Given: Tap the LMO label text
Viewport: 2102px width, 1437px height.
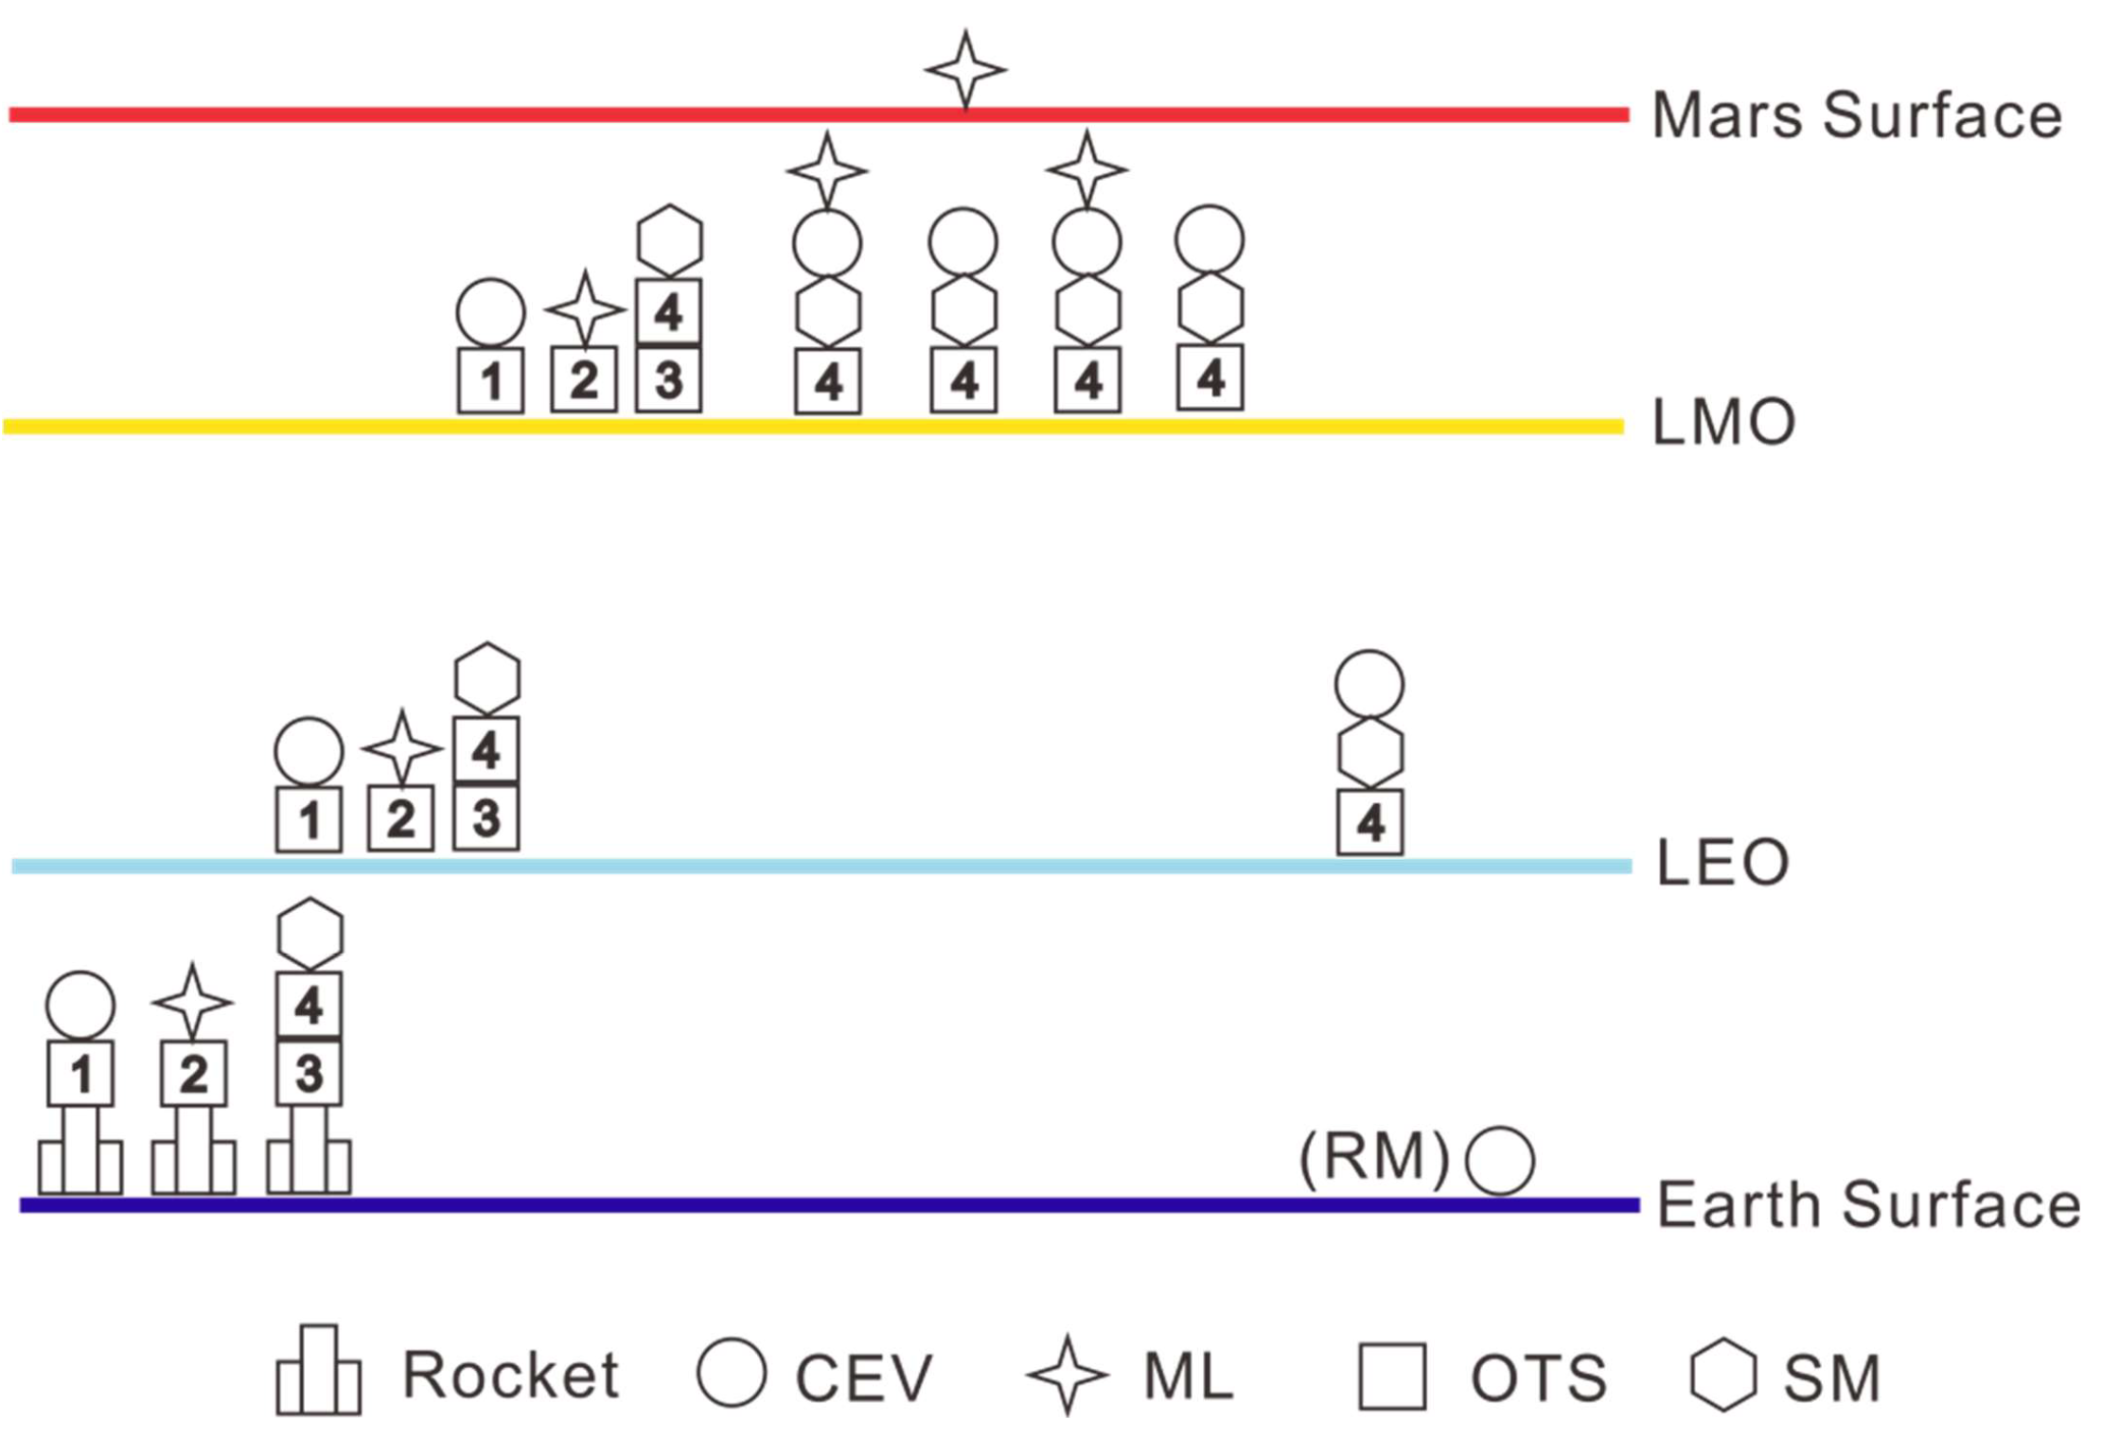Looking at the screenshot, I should click(1722, 423).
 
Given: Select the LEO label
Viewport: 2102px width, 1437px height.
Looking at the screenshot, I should click(1722, 863).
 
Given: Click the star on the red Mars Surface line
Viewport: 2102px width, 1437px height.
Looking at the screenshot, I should click(964, 70).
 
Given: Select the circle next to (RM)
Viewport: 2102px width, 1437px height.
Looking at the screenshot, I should click(1499, 1161).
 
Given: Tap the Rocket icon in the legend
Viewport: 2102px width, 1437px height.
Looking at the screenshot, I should click(318, 1371).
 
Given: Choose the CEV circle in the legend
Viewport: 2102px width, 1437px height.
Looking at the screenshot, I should click(731, 1372).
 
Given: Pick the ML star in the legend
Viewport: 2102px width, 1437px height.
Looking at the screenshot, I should click(1067, 1375).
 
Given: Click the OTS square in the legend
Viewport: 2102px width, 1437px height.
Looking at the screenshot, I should click(1391, 1376).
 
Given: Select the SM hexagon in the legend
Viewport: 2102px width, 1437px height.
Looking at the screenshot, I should click(1722, 1376).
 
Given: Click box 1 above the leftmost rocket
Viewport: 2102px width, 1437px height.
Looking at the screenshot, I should click(80, 1074).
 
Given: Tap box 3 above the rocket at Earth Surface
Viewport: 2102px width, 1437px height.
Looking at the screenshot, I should click(309, 1074).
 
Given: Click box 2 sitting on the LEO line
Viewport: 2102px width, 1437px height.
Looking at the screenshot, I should click(400, 818).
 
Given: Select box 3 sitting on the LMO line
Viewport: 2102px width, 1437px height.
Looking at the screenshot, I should click(668, 379).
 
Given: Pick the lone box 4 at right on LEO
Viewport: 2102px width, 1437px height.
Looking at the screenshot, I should click(1369, 823).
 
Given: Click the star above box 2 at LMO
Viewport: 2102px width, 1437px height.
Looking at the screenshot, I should click(584, 308).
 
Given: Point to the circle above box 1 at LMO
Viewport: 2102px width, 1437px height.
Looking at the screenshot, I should click(490, 312).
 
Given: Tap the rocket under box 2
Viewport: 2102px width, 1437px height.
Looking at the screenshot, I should click(193, 1152).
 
